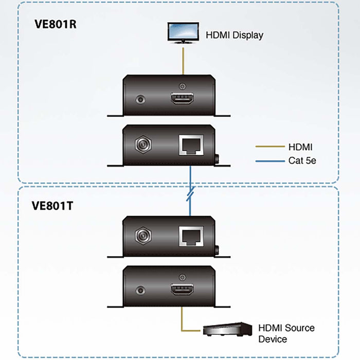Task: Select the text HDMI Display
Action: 235,35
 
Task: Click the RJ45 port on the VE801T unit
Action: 191,236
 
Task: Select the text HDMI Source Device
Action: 286,333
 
